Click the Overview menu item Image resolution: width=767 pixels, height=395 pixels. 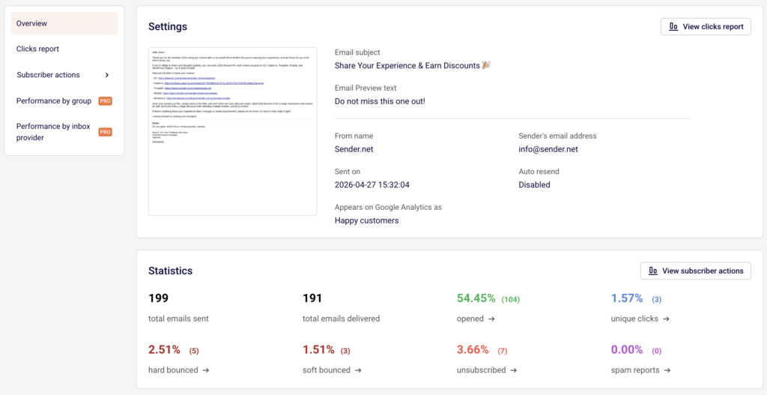click(32, 23)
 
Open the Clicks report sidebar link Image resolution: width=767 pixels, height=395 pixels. click(37, 49)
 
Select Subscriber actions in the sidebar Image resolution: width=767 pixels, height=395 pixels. click(48, 75)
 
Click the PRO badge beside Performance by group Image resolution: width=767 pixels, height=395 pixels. click(105, 101)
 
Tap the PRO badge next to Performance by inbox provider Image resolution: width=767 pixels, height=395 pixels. click(105, 132)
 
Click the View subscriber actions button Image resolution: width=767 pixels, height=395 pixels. click(695, 271)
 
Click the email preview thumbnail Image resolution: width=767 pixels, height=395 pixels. click(232, 131)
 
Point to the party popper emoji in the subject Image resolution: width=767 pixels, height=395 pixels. click(485, 66)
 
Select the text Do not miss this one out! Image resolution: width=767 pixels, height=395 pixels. click(380, 101)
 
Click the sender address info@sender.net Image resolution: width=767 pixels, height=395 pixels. click(548, 149)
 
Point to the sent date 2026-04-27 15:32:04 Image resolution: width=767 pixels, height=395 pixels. click(373, 184)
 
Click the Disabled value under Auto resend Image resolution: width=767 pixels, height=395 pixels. click(534, 184)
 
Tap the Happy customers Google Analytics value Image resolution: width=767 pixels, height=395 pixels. click(366, 220)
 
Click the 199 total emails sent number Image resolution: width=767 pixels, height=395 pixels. click(158, 298)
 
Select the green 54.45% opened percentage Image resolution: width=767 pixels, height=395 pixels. click(476, 298)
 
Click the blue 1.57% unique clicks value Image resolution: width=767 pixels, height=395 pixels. click(626, 298)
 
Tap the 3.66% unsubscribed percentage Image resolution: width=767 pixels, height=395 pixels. click(473, 350)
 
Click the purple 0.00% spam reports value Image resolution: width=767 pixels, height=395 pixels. click(627, 350)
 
